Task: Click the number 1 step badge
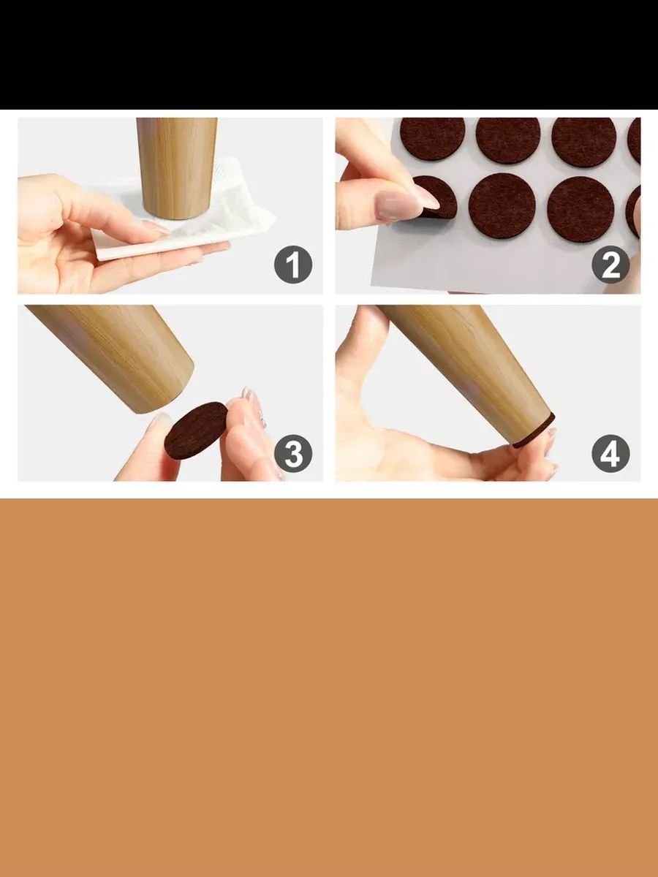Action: coord(293,265)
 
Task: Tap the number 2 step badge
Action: coord(610,265)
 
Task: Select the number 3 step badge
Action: coord(293,454)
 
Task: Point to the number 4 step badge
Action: coord(610,454)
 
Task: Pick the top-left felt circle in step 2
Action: coord(432,138)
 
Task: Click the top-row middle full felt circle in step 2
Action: coord(508,139)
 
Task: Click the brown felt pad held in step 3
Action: coord(196,430)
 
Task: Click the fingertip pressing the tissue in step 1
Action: coord(158,231)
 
